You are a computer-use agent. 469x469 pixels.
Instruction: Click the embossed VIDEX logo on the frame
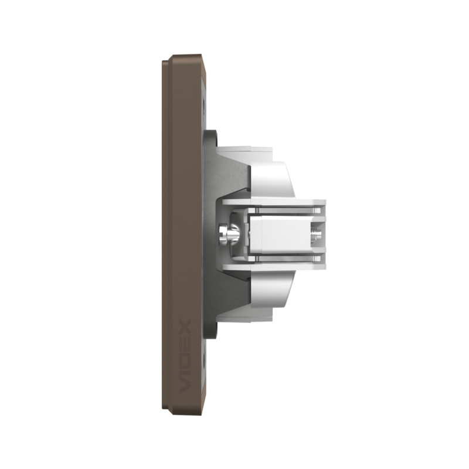tap(185, 356)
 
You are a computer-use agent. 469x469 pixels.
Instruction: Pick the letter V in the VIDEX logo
tap(185, 386)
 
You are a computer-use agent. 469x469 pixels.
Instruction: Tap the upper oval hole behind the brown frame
tap(204, 106)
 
